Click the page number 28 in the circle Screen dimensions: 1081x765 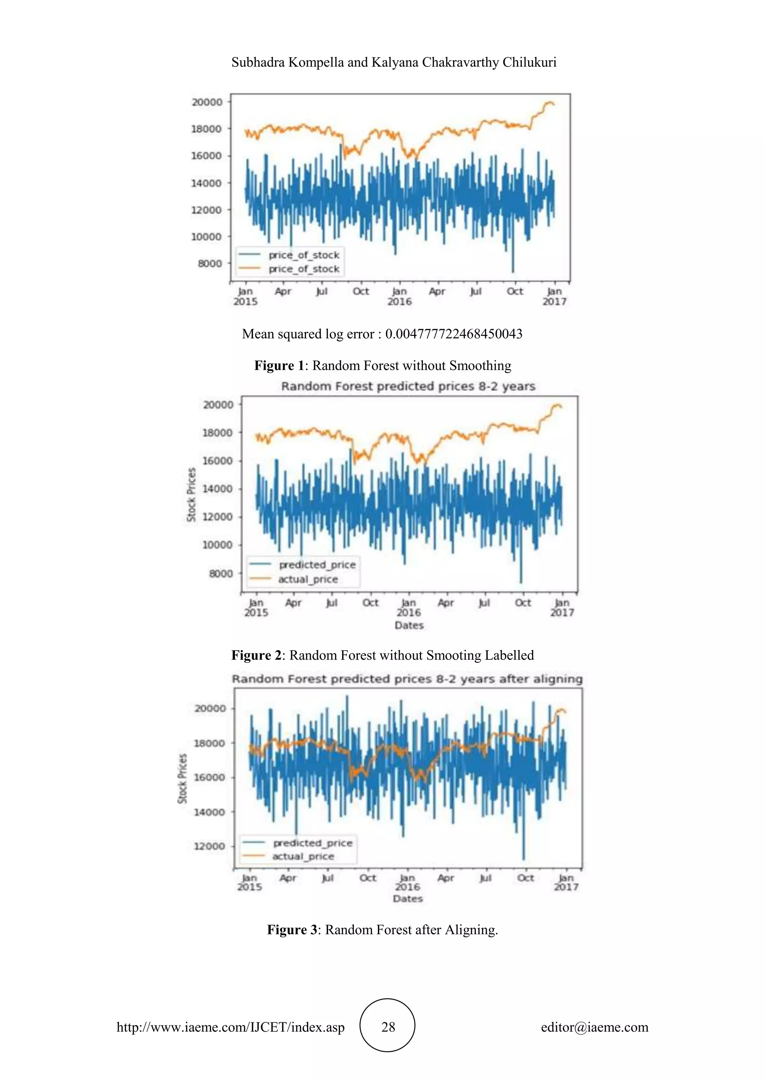(388, 1027)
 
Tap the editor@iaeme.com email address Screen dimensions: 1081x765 (594, 1027)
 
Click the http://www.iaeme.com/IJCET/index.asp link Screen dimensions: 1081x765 (230, 1027)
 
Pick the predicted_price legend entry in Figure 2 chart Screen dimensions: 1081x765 (317, 564)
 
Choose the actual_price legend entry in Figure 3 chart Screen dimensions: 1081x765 (303, 856)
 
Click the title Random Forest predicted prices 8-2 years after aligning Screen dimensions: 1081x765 (407, 679)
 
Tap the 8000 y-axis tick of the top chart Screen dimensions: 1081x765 (210, 264)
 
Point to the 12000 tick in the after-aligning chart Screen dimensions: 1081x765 (209, 846)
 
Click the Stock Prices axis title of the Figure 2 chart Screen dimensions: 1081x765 (191, 494)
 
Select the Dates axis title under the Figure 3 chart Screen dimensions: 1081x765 (408, 898)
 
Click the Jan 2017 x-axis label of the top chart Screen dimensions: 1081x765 (554, 296)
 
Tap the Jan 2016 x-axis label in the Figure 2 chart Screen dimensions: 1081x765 (408, 607)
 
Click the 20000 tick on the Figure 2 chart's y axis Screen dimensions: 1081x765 (218, 404)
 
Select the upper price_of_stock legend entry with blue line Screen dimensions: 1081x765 (304, 255)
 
